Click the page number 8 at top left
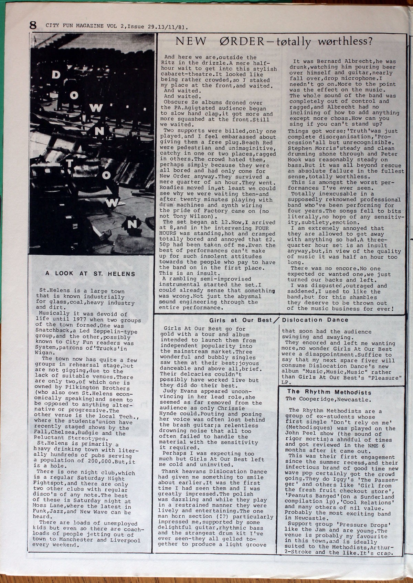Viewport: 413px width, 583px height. [33, 25]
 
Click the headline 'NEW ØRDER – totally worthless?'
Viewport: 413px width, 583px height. [274, 42]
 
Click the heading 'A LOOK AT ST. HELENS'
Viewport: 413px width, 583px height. [90, 274]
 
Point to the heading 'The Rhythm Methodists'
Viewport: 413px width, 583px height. [329, 392]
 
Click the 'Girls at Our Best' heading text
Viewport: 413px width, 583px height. [241, 320]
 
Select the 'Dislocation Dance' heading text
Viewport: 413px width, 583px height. [315, 320]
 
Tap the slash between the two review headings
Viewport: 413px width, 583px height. [276, 320]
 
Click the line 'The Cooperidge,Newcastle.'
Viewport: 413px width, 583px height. [328, 400]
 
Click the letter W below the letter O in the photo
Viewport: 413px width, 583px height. [97, 108]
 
